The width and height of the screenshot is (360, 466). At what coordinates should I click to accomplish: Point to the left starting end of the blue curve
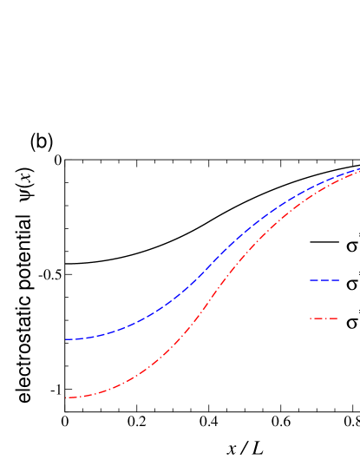tap(66, 339)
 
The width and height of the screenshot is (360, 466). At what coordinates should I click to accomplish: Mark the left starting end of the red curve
tap(67, 397)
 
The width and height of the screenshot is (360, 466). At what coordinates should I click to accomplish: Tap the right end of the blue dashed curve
tap(358, 169)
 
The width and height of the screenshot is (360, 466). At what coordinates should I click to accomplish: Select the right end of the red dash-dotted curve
tap(358, 172)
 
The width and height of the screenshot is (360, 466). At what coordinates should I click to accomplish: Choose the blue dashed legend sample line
tap(324, 280)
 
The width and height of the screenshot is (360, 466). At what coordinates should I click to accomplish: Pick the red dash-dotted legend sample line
tap(324, 318)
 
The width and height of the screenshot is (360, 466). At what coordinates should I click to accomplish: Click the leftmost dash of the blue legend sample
tap(313, 280)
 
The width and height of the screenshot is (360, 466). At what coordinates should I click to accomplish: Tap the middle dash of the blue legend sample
tap(324, 280)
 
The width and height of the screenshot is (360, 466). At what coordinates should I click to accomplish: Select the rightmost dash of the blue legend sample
tap(336, 280)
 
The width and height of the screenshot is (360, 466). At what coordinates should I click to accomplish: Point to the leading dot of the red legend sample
tap(311, 318)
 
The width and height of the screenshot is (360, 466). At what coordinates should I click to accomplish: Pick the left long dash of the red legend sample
tap(317, 318)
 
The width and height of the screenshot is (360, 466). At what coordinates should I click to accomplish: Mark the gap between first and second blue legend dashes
tap(318, 280)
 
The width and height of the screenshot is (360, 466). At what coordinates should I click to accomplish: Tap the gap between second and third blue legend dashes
tap(331, 280)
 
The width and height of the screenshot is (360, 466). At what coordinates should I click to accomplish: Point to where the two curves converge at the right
tap(357, 171)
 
